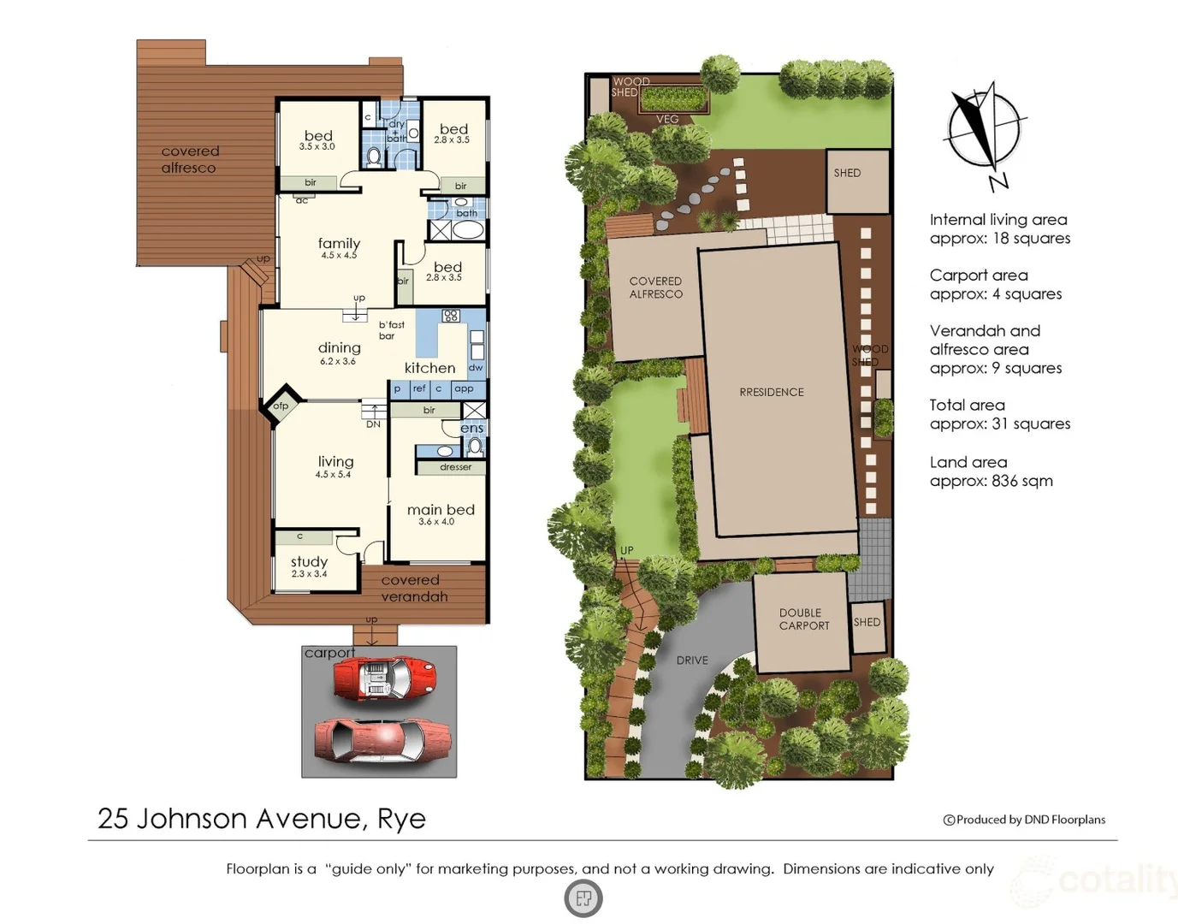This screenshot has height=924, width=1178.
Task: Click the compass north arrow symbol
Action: point(984,133)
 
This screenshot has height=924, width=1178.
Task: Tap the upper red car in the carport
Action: point(384,678)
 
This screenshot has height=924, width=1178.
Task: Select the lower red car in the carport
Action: point(382,739)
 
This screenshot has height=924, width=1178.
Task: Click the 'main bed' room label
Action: point(441,510)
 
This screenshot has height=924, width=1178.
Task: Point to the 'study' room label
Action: point(309,562)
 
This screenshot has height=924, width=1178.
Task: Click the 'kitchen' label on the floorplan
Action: point(429,368)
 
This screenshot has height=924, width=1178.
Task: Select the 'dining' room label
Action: point(339,348)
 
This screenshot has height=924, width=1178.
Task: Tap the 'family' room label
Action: point(339,244)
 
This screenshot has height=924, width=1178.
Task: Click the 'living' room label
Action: point(335,462)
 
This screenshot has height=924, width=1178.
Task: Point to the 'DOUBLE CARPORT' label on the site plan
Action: point(804,619)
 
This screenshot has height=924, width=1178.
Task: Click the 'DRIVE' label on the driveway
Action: point(692,660)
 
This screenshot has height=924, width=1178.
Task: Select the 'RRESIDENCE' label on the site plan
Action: point(772,392)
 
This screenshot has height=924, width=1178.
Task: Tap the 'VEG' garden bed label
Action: point(667,119)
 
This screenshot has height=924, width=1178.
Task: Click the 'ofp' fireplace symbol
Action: point(281,406)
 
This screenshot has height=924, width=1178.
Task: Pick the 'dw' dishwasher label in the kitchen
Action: point(476,368)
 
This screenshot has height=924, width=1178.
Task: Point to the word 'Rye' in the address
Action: point(401,819)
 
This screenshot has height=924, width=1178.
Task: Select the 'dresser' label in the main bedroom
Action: point(456,467)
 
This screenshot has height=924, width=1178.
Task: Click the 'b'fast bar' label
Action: point(391,330)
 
